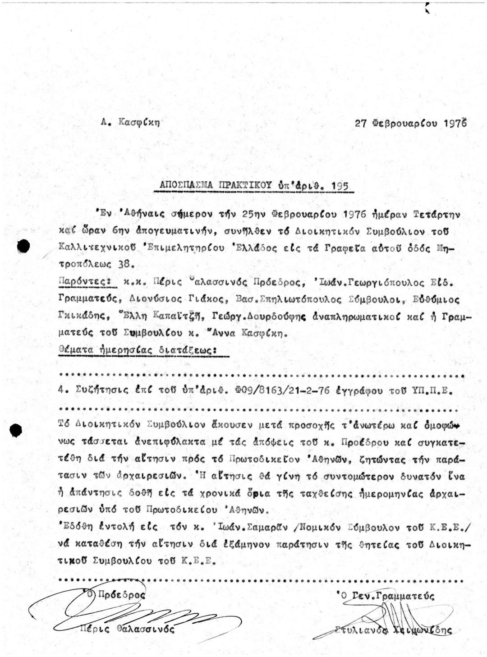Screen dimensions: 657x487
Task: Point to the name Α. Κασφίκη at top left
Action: click(131, 122)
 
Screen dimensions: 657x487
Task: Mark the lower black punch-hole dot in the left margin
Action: click(17, 430)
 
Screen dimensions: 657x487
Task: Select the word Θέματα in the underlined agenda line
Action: click(75, 349)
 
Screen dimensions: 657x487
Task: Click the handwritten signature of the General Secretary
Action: click(393, 616)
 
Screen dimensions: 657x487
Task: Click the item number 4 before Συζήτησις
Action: click(62, 391)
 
